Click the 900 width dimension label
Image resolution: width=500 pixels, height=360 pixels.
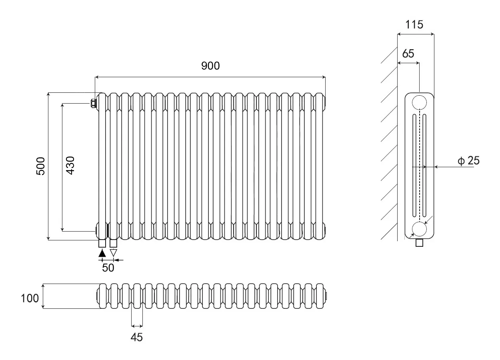[x=210, y=66]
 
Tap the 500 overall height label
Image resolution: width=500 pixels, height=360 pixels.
[x=41, y=166]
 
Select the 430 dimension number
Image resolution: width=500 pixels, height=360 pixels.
[x=70, y=165]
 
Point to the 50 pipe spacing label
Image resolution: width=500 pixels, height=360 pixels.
[x=108, y=268]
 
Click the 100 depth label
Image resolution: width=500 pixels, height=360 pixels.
[x=30, y=298]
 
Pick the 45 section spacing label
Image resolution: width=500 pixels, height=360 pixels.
[x=137, y=337]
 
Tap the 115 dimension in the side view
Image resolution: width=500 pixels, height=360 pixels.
[x=414, y=24]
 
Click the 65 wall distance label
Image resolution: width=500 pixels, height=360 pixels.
[x=408, y=54]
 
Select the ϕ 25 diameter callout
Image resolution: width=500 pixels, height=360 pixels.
[x=468, y=160]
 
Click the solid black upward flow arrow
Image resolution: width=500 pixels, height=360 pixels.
[x=102, y=253]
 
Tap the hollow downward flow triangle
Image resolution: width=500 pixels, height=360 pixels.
[x=113, y=253]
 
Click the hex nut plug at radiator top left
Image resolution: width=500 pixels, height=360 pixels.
[x=93, y=103]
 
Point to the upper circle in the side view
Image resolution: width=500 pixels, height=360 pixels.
[x=420, y=102]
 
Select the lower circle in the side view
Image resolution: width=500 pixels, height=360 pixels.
[x=420, y=229]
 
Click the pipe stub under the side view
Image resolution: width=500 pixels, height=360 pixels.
[x=420, y=243]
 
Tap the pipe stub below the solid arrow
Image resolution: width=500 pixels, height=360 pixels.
[x=102, y=244]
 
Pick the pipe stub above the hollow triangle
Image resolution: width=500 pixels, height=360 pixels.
[x=113, y=244]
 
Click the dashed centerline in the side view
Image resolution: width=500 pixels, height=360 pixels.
[x=420, y=165]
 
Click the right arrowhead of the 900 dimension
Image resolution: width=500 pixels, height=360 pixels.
[x=324, y=77]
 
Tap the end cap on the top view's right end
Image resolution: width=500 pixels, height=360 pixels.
[x=326, y=296]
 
